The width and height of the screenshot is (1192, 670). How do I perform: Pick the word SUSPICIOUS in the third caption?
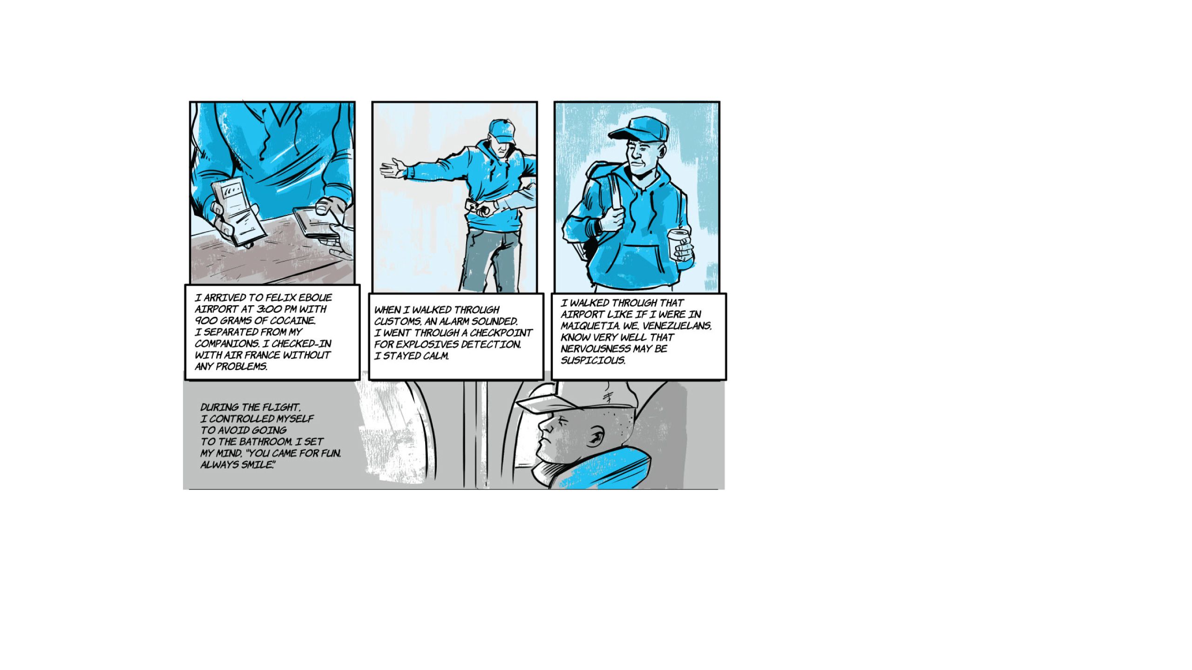point(593,360)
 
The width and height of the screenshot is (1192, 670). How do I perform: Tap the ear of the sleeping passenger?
point(595,437)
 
